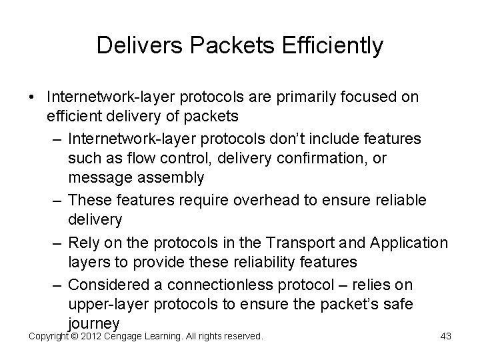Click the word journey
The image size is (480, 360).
[x=93, y=325]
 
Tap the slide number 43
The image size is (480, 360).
[x=445, y=337]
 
